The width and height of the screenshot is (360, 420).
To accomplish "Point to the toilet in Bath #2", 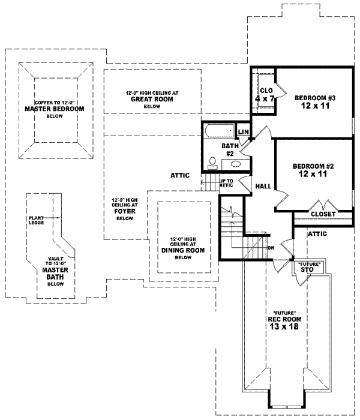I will (x=212, y=161).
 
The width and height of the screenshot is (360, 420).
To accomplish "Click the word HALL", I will (x=263, y=187).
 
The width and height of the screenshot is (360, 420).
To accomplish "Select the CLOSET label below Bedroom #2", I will (x=323, y=214).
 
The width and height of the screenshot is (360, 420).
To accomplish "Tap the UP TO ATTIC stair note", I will (x=226, y=183).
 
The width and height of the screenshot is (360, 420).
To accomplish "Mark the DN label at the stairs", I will (x=271, y=247).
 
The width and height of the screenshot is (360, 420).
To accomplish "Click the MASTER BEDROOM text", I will (x=54, y=110).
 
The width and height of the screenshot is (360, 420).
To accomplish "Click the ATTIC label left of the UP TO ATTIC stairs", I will (x=180, y=175).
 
